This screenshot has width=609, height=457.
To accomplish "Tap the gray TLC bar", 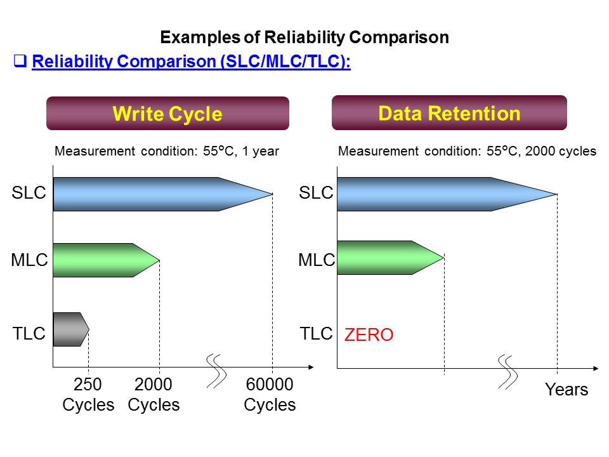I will tap(69, 329).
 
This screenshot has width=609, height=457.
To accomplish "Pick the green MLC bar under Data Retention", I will tap(381, 257).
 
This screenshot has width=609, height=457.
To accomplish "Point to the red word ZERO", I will tap(369, 335).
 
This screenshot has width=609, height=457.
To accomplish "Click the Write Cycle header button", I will tap(167, 114).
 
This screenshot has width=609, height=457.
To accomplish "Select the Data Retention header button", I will tap(449, 113).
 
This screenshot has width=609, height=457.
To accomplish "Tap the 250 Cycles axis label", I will tap(88, 395).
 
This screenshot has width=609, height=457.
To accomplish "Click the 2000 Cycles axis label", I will tap(154, 395).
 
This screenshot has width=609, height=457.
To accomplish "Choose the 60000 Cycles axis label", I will tap(270, 395).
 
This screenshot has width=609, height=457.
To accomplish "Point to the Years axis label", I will tap(566, 390).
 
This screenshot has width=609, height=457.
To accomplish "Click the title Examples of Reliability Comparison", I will tap(304, 37).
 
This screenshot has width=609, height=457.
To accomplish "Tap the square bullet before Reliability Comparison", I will tap(20, 62).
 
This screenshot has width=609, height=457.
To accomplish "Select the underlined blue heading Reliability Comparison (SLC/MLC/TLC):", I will tap(191, 62).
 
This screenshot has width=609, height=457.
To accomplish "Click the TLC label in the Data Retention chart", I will tap(316, 333).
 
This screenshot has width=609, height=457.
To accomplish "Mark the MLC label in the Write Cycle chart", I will tap(29, 260).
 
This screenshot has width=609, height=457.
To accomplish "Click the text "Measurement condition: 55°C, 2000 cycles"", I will tap(468, 152).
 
